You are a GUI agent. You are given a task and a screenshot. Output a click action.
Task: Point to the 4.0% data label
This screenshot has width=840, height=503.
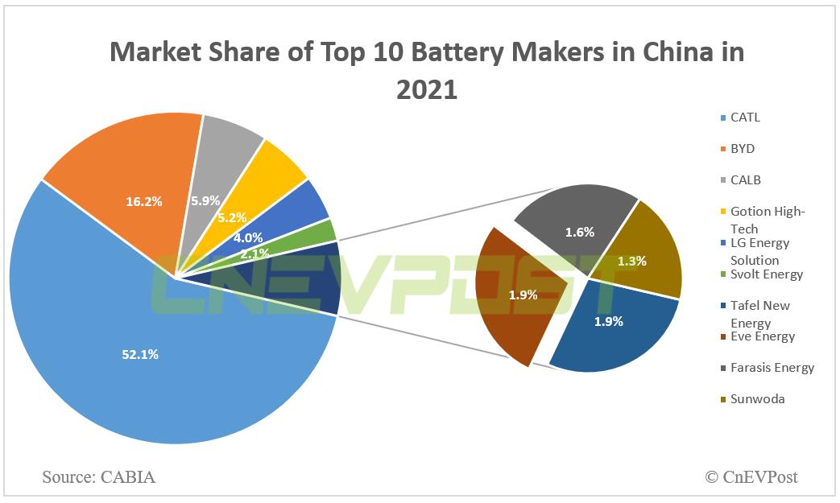pyautogui.click(x=246, y=238)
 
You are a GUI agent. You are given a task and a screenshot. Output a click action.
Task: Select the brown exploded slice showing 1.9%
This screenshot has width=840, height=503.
pyautogui.click(x=522, y=295)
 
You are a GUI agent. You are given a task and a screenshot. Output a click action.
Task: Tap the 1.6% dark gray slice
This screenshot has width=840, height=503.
pyautogui.click(x=579, y=233)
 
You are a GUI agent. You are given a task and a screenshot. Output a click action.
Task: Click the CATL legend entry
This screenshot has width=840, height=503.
pyautogui.click(x=745, y=118)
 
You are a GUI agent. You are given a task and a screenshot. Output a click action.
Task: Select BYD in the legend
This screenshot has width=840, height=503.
pyautogui.click(x=742, y=149)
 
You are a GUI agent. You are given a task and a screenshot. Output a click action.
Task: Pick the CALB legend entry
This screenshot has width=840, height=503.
pyautogui.click(x=745, y=179)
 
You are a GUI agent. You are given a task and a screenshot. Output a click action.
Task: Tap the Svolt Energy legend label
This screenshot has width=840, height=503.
pyautogui.click(x=766, y=274)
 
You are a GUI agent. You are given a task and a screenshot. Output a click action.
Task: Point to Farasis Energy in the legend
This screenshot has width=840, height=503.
pyautogui.click(x=772, y=368)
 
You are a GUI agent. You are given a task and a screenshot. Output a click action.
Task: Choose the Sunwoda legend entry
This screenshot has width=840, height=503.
pyautogui.click(x=757, y=399)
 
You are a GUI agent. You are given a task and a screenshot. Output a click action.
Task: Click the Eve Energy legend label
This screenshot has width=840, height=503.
pyautogui.click(x=762, y=336)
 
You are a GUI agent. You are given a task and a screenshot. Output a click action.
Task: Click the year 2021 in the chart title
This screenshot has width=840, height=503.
pyautogui.click(x=426, y=89)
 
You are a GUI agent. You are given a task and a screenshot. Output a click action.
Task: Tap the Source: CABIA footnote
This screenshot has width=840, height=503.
pyautogui.click(x=98, y=477)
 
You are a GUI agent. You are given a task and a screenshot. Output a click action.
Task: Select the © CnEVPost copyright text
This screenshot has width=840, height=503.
pyautogui.click(x=751, y=477)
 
